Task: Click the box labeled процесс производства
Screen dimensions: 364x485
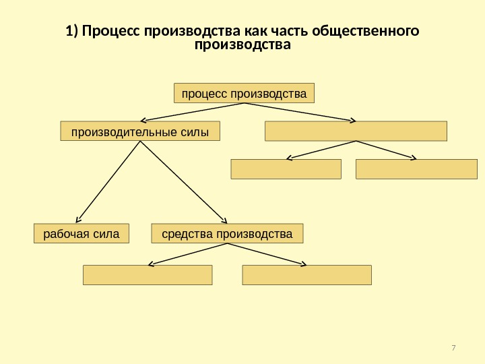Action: pyautogui.click(x=244, y=92)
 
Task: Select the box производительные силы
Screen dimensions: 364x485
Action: pyautogui.click(x=140, y=131)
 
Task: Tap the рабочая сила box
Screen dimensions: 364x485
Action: pyautogui.click(x=81, y=234)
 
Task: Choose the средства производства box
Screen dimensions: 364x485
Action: pyautogui.click(x=228, y=234)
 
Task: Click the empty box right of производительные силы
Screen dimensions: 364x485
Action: pyautogui.click(x=356, y=131)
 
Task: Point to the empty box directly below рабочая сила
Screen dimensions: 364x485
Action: pyautogui.click(x=147, y=275)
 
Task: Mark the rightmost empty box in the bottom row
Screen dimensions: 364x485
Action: pyautogui.click(x=306, y=275)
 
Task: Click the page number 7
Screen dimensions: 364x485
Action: pyautogui.click(x=453, y=348)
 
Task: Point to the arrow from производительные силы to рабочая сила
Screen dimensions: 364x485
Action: pyautogui.click(x=108, y=182)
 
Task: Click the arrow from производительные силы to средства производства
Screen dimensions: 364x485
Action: pyautogui.click(x=182, y=182)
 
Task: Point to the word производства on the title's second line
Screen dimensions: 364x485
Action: pyautogui.click(x=243, y=47)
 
